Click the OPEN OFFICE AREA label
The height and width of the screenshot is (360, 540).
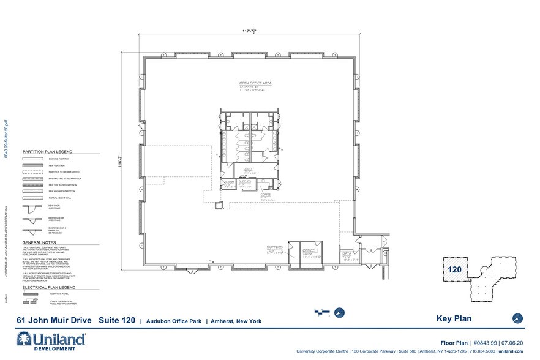[x=255, y=83]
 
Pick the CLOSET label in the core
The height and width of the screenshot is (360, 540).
[x=230, y=182]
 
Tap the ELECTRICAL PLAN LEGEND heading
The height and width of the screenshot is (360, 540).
[x=49, y=287]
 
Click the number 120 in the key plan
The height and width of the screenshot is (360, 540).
[x=456, y=269]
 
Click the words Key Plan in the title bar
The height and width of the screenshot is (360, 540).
[x=452, y=318]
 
